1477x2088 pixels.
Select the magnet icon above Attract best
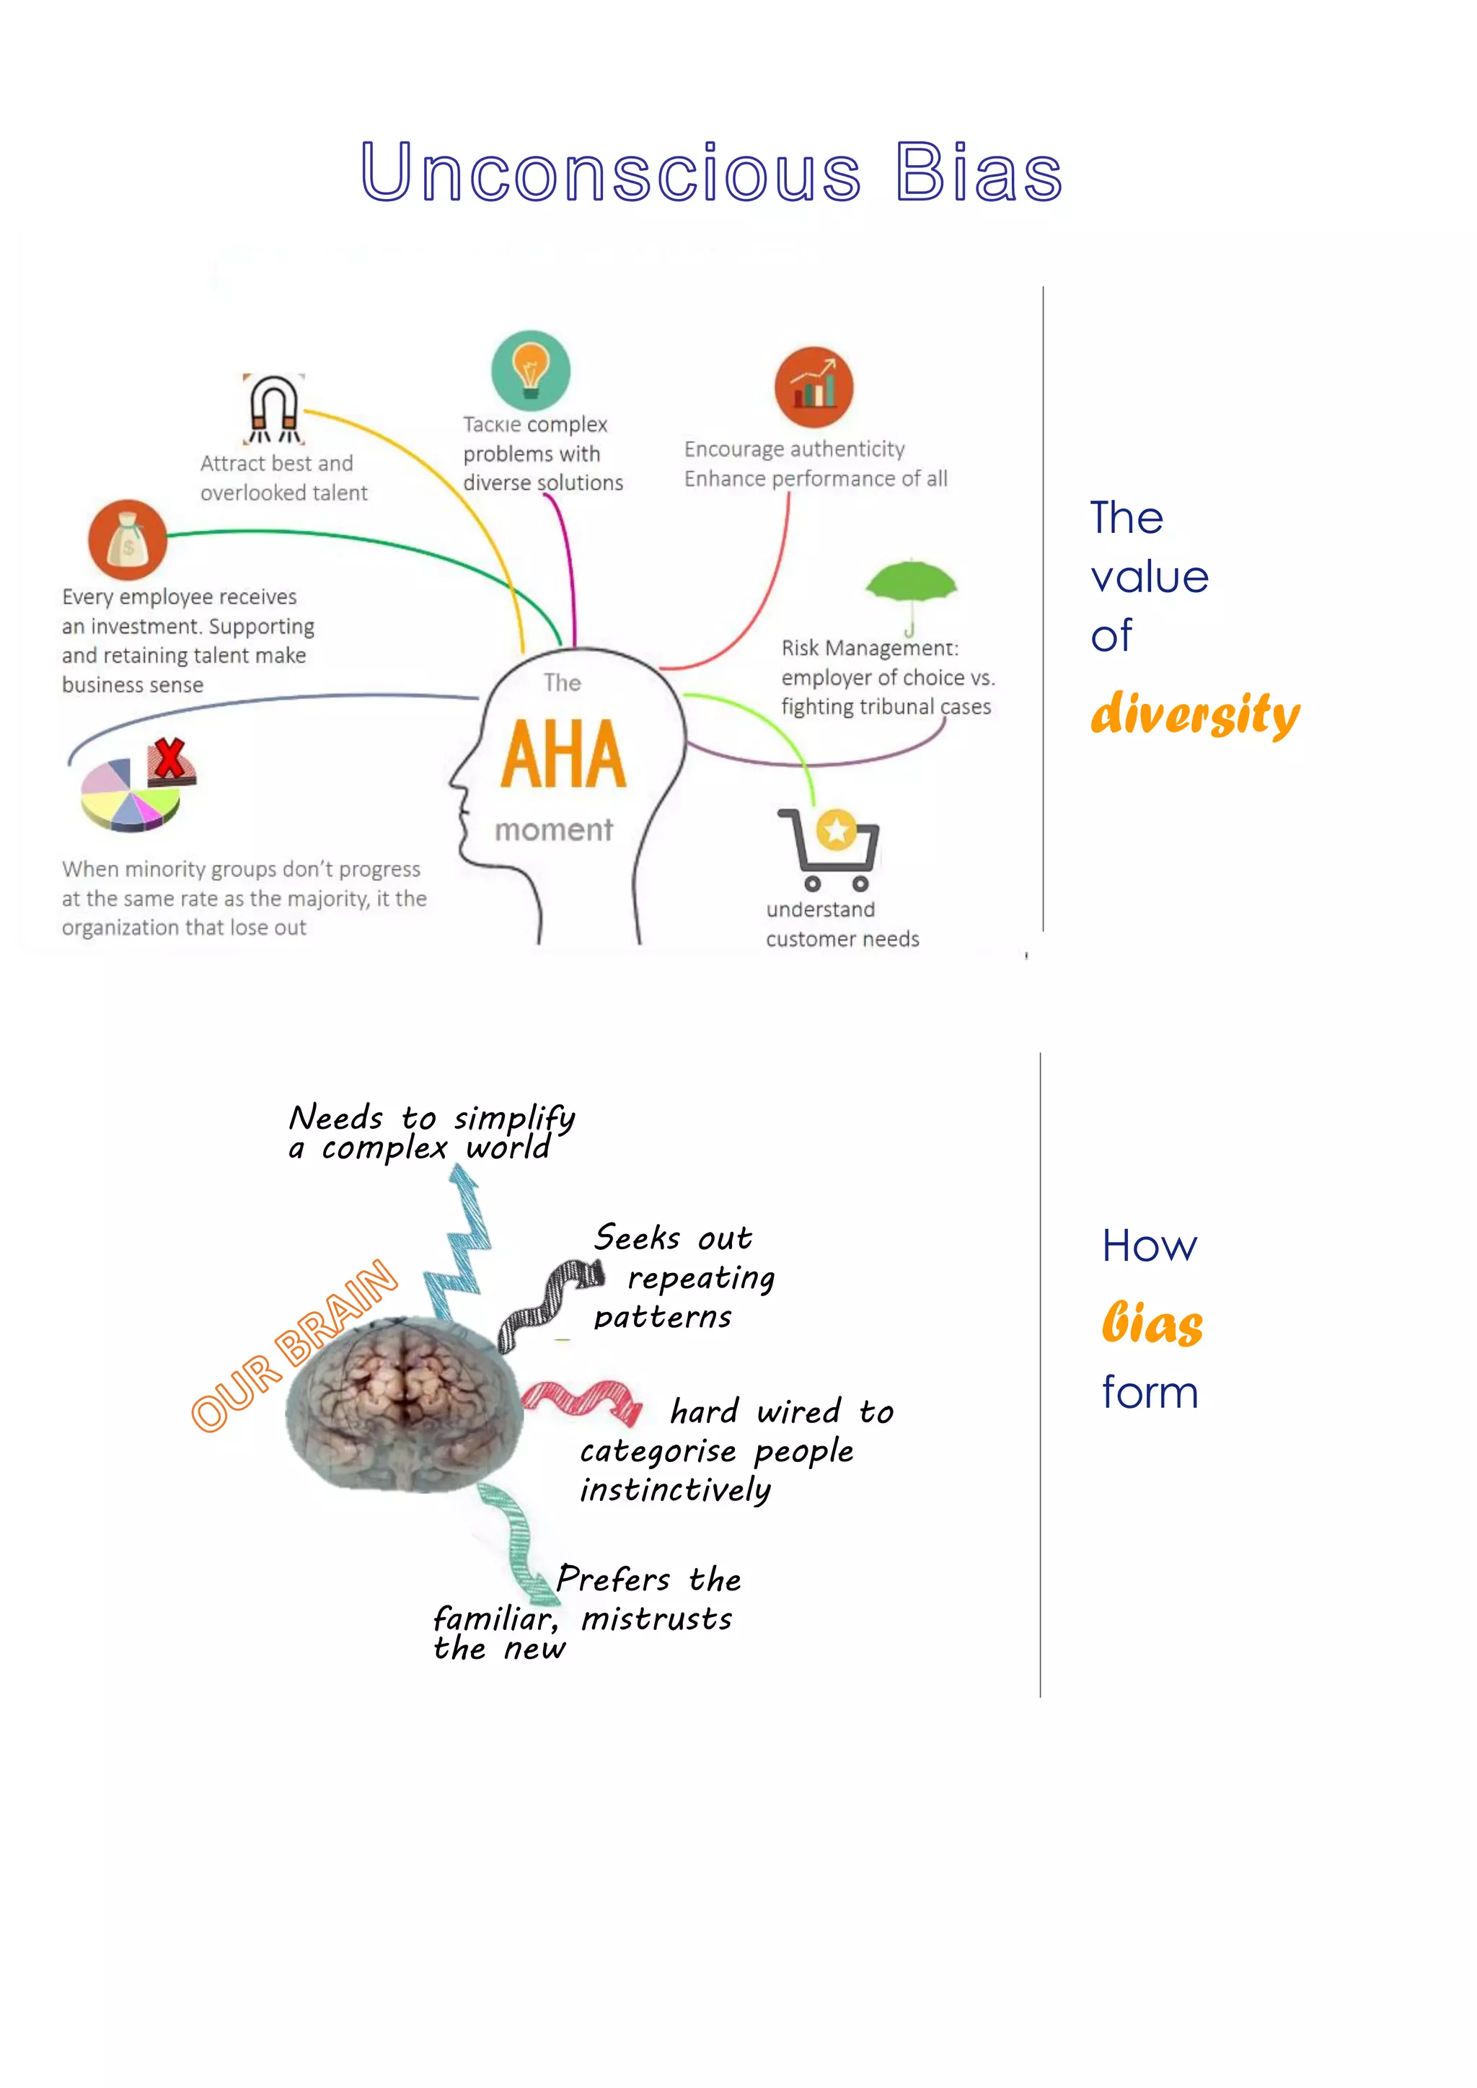point(274,409)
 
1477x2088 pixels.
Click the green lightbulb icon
point(531,370)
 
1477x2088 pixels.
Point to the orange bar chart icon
point(814,387)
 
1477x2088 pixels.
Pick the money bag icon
point(128,540)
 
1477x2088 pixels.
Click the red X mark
point(169,760)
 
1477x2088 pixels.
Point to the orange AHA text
point(564,755)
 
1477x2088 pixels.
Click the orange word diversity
point(1194,714)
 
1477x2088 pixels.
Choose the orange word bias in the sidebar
point(1152,1323)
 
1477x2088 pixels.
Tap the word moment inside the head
point(553,829)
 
